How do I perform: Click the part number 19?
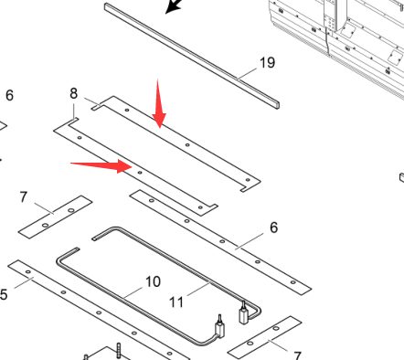point(267,63)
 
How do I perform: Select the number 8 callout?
point(73,93)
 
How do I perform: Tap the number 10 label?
point(153,281)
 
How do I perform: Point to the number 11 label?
point(176,302)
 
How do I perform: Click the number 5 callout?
point(4,294)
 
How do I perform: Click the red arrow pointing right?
point(101,166)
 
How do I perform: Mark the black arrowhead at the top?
point(173,6)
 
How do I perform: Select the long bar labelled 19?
point(192,56)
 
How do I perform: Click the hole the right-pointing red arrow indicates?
point(140,173)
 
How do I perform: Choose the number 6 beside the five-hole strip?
point(273,228)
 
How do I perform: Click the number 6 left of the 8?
point(9,95)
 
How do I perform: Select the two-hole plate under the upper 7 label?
point(56,217)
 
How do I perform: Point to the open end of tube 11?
point(94,238)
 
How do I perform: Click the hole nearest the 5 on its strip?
point(28,272)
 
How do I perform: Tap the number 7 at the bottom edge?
point(297,355)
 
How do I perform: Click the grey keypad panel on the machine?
point(330,23)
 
